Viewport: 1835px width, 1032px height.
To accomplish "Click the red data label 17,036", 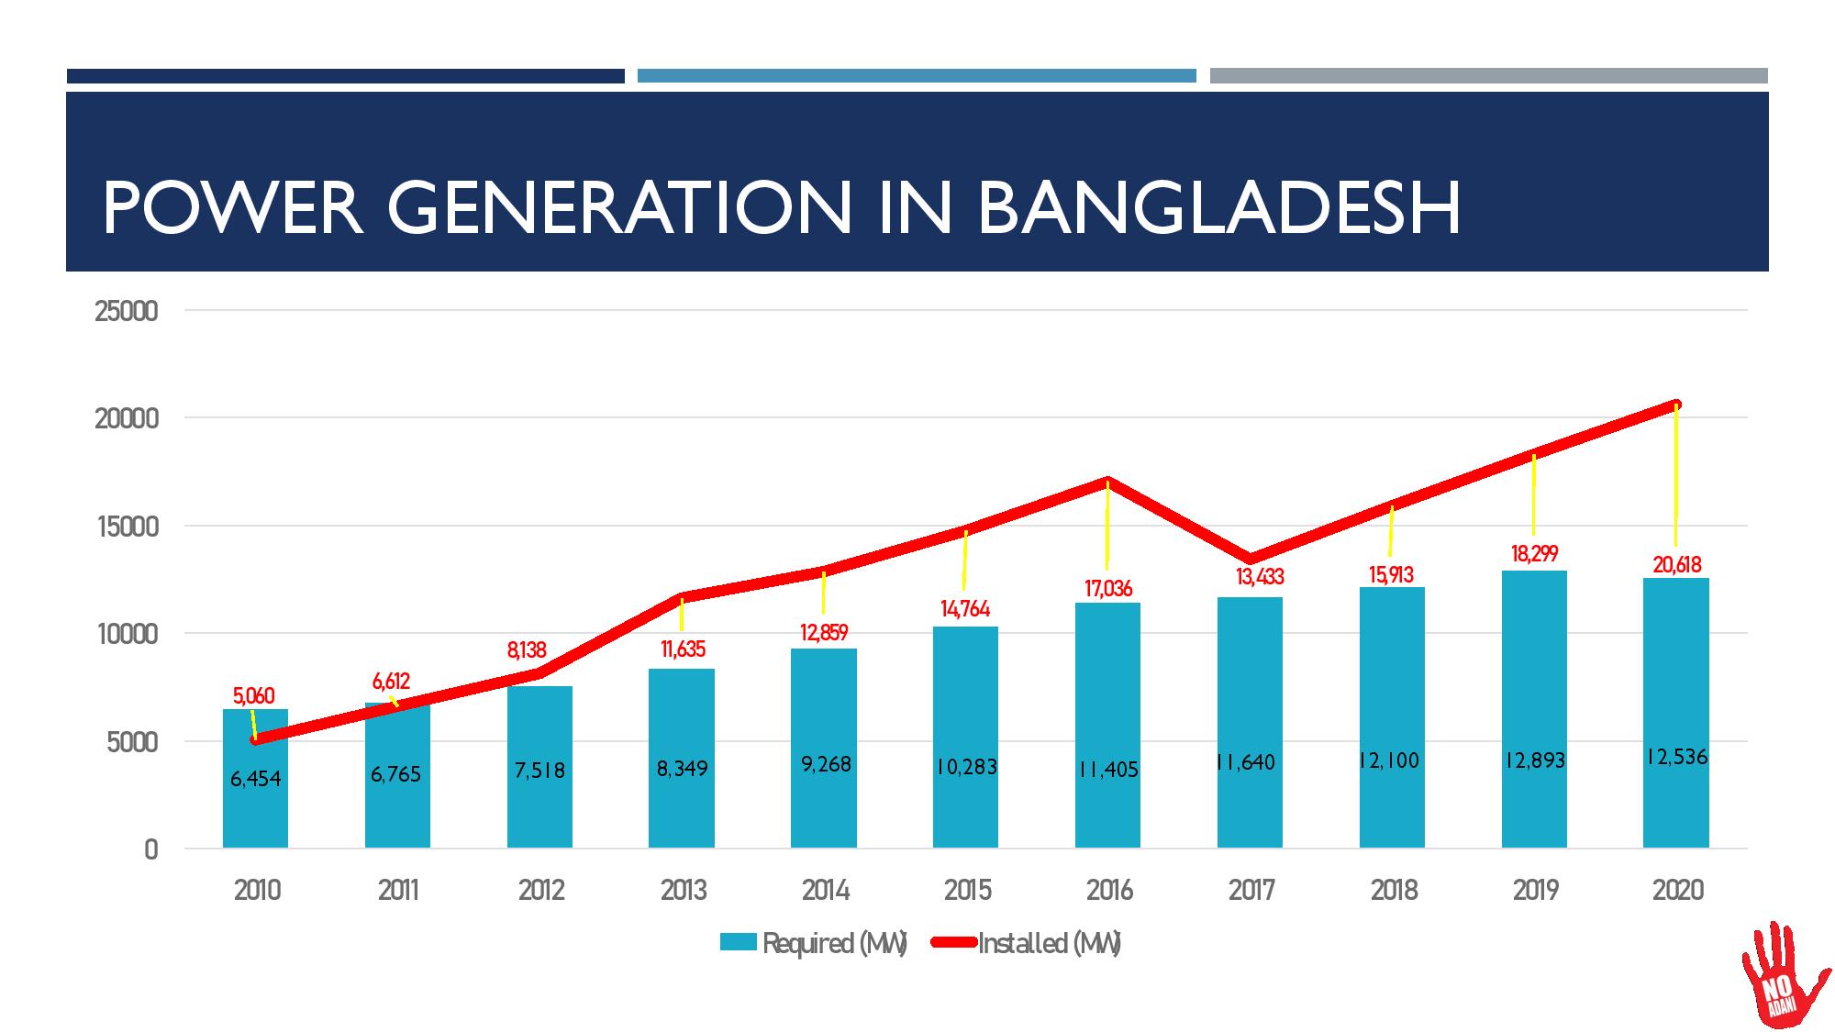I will pos(1108,589).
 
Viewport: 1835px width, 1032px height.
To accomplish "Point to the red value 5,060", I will pos(253,696).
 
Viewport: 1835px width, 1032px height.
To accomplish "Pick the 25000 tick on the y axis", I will pos(127,312).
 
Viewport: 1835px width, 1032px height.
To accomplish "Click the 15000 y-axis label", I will pos(127,527).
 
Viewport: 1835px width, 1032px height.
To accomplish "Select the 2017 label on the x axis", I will pos(1251,890).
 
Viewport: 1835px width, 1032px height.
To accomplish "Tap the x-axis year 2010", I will pos(257,890).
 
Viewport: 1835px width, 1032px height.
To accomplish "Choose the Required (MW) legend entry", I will pos(813,943).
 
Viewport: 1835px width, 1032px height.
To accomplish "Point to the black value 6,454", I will pos(255,779).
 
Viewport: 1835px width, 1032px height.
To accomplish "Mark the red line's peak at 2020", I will pos(1676,405).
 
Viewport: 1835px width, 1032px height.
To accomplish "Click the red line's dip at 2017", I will pos(1251,559).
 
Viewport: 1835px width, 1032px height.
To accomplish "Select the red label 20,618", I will pos(1677,565).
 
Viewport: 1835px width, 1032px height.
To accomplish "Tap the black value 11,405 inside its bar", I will pos(1108,769).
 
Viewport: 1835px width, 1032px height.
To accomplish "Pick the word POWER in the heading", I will pos(233,208).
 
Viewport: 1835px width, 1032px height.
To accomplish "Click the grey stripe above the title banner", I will pos(1488,76).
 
